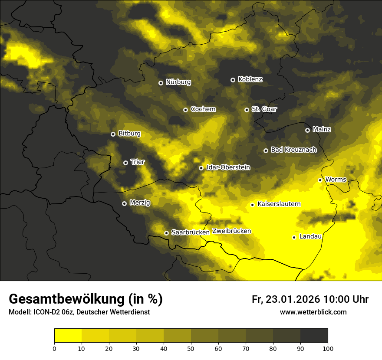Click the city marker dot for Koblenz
coord(233,80)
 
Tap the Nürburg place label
coord(178,82)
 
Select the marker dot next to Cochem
coord(185,110)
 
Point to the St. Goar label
coord(264,109)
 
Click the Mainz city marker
coord(307,130)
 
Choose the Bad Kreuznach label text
coord(293,150)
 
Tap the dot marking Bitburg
coord(113,134)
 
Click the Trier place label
coord(138,162)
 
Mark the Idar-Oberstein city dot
coord(201,168)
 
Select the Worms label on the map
coord(336,180)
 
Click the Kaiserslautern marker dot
coord(252,205)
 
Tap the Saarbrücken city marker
coord(166,233)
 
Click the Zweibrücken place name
coord(231,231)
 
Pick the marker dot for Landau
coord(294,237)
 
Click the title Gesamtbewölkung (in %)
coord(86,299)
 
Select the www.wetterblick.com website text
coord(313,312)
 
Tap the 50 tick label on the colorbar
coord(191,348)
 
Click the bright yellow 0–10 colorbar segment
coord(68,335)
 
